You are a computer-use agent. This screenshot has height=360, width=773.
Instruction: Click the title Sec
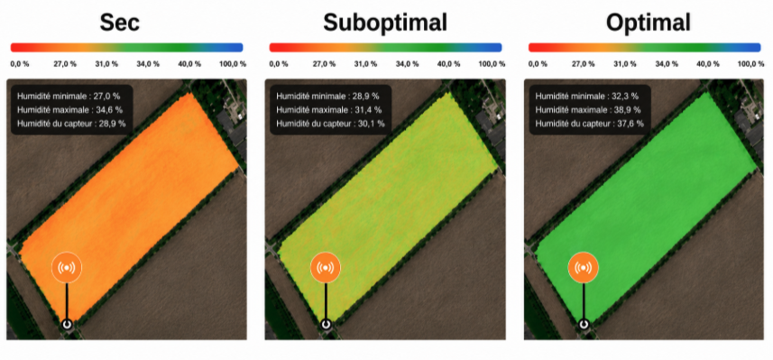point(120,23)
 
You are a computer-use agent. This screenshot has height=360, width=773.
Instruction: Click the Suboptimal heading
point(385,23)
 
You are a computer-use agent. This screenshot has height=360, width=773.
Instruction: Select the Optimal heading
point(648,23)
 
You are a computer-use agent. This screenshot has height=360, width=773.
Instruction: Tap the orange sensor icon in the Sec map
point(67,267)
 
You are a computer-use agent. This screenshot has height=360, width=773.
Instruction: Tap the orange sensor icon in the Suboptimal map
point(326,267)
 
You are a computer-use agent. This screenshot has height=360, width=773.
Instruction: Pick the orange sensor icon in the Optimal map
point(584,267)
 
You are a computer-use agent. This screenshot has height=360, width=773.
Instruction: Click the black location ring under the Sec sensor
point(67,324)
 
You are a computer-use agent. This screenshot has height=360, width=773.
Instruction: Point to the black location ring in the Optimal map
point(584,324)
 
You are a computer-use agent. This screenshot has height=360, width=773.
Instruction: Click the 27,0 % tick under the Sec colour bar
point(65,64)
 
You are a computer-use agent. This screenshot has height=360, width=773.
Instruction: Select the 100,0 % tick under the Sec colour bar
point(233,64)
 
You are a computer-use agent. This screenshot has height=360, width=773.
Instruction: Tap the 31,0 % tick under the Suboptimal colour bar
point(366,64)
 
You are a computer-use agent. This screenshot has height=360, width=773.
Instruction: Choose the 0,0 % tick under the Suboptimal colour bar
point(278,64)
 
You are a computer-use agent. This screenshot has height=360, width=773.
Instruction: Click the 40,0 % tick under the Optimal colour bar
point(708,64)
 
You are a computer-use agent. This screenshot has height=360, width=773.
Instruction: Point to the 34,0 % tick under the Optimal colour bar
point(667,64)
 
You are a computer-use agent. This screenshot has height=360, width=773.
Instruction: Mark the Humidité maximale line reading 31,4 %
point(328,109)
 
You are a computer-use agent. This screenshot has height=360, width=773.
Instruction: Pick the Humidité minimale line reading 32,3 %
point(587,96)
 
